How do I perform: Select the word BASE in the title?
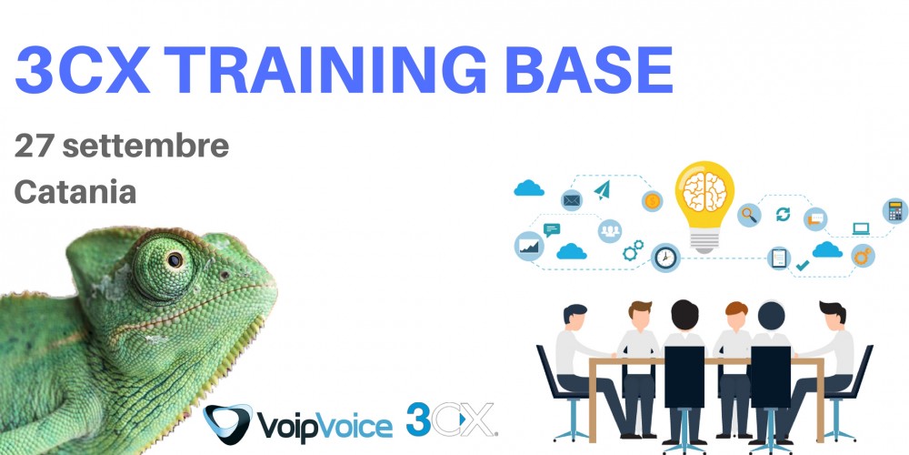click(x=588, y=70)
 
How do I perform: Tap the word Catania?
click(x=75, y=192)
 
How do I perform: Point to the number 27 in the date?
click(x=35, y=147)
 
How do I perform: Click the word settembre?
click(x=145, y=147)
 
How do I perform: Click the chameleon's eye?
click(x=174, y=259)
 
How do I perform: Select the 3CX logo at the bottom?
click(x=451, y=420)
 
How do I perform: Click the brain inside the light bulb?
click(x=704, y=192)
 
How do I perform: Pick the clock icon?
click(x=665, y=258)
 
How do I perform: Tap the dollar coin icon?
click(x=652, y=201)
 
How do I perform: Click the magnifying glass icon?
click(x=749, y=216)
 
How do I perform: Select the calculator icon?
click(x=895, y=211)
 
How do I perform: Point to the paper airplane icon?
click(x=603, y=190)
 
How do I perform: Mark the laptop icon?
click(x=861, y=229)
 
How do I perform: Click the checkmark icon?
click(x=803, y=265)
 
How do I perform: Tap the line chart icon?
click(x=529, y=247)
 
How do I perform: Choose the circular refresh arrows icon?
click(x=784, y=215)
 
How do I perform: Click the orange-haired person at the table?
click(x=735, y=359)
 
